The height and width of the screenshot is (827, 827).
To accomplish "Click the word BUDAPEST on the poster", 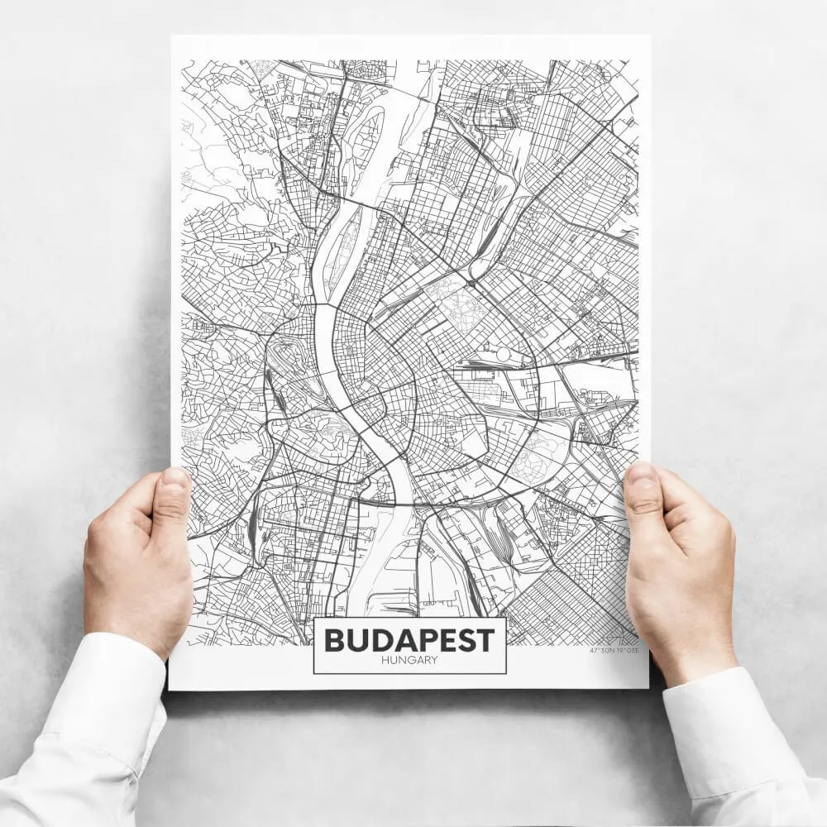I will (x=409, y=639).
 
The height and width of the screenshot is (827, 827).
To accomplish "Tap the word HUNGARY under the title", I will (x=409, y=660).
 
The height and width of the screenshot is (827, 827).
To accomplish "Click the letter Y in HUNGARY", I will (x=434, y=660).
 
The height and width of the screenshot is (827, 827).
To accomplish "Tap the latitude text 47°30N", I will (x=601, y=651).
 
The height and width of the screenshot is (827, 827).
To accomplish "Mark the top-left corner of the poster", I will (x=172, y=36).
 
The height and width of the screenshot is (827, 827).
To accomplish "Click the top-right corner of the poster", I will (x=650, y=36).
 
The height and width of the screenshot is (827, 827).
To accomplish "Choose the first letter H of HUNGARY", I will (x=386, y=660).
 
